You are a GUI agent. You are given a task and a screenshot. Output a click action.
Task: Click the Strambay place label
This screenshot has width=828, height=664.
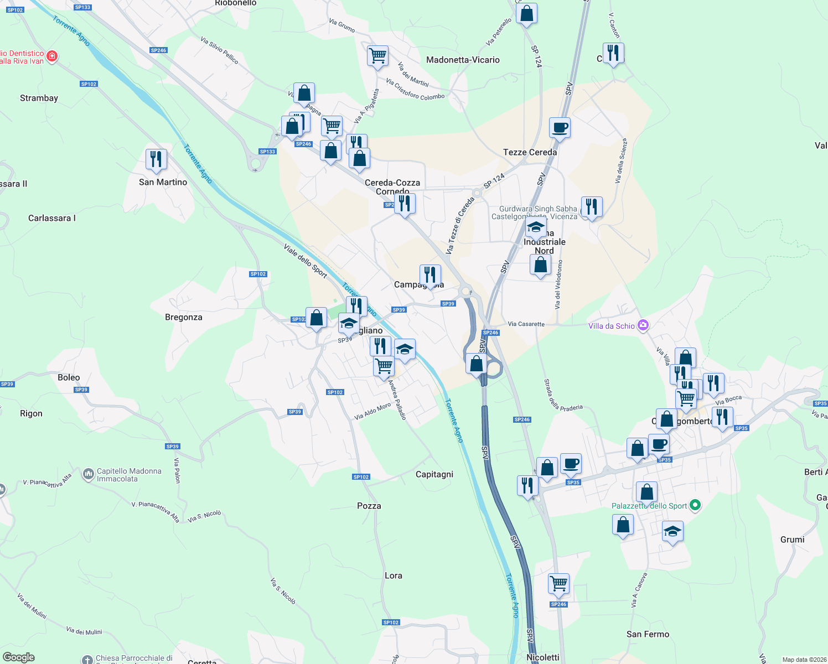[39, 98]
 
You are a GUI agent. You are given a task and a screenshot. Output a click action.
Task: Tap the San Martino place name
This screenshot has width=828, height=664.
[163, 182]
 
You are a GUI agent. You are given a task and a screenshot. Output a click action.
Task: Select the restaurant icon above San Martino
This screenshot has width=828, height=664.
[156, 159]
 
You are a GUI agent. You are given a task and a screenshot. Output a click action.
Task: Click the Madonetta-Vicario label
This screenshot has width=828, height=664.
[463, 60]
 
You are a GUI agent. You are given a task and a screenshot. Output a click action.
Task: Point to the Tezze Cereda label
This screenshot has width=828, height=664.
[530, 152]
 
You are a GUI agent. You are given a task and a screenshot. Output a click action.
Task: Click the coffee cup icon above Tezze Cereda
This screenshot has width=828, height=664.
[560, 128]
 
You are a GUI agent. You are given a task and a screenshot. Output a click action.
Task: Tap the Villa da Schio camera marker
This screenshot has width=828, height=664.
[643, 325]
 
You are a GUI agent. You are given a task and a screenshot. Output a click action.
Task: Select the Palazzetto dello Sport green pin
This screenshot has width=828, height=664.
[696, 505]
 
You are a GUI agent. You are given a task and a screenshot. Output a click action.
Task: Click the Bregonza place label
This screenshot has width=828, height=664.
[184, 317]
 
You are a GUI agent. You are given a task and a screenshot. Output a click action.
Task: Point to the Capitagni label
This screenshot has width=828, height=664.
[434, 474]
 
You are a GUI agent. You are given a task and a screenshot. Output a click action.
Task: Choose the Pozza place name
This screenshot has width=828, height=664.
[369, 506]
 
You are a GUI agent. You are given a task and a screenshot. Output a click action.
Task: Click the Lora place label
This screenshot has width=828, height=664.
[394, 575]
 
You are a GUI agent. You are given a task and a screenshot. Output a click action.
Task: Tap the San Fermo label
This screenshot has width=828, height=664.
[648, 634]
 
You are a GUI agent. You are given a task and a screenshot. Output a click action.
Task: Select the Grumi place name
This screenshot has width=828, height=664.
[792, 539]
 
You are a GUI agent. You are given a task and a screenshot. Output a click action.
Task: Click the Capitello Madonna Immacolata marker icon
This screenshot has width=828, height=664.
[89, 474]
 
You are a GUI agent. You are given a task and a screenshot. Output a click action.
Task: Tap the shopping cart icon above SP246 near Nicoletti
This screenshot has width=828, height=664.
[558, 583]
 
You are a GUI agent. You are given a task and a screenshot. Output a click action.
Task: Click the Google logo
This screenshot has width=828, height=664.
[19, 657]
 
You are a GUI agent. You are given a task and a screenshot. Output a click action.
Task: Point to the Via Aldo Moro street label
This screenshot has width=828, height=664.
[372, 412]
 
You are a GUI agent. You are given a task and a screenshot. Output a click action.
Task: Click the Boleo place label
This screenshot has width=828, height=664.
[69, 377]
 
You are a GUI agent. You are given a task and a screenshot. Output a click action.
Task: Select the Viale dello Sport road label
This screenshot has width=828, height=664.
[305, 260]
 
